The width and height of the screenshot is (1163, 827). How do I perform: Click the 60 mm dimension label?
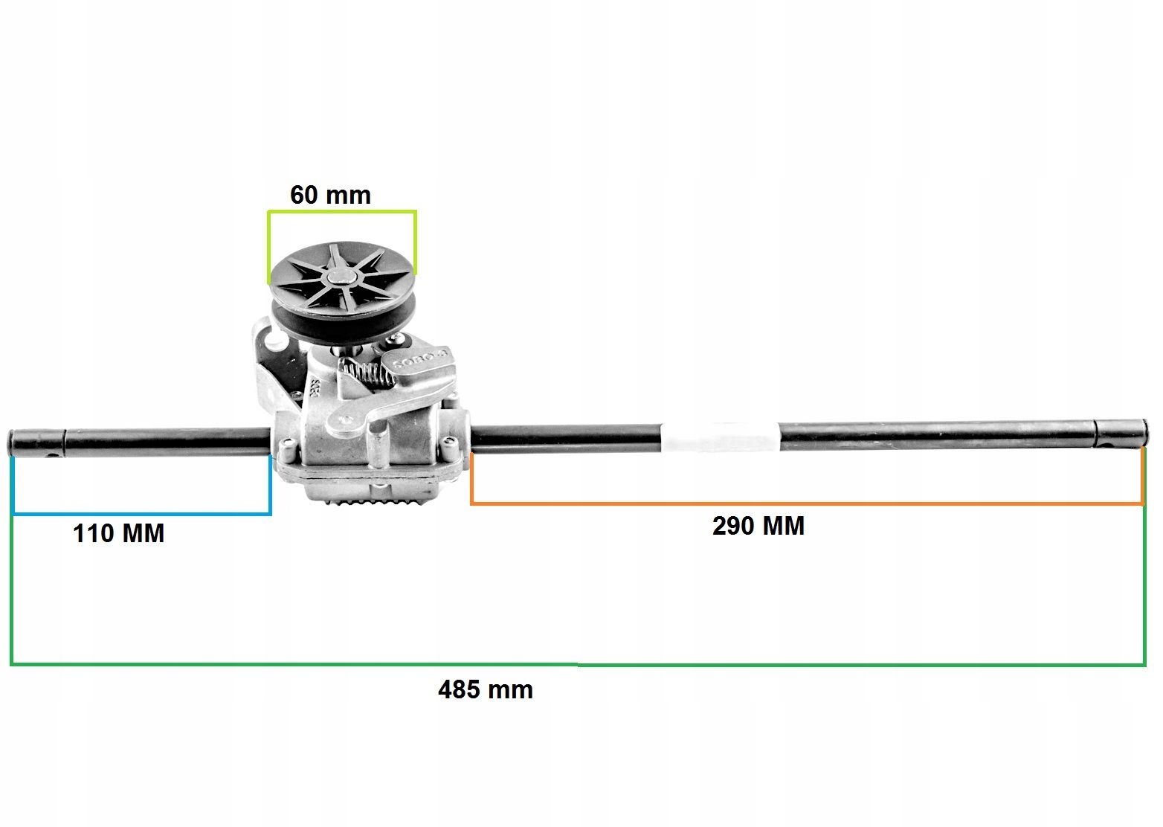329,195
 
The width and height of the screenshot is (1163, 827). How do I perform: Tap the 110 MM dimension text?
118,533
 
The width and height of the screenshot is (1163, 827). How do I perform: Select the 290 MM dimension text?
758,526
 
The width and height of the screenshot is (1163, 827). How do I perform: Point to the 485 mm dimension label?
485,689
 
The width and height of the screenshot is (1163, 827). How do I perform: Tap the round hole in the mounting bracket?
274,341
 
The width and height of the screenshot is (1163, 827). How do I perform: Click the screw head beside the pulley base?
399,340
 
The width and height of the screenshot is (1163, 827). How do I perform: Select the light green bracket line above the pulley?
342,212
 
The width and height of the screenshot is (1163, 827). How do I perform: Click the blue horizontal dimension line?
141,513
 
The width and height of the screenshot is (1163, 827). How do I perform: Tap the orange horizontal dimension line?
807,504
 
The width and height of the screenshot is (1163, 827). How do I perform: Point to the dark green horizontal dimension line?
577,663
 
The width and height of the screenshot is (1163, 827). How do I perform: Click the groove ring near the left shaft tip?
65,442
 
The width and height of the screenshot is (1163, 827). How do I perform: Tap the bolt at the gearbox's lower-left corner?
285,446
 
